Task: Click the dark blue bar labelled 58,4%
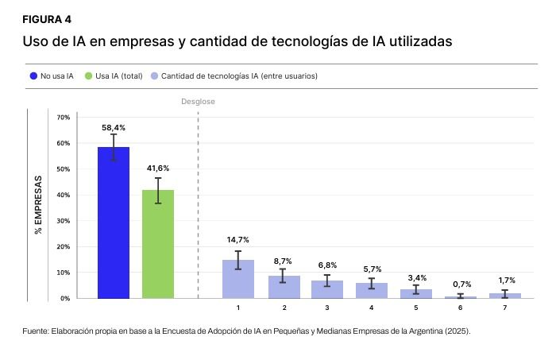tap(114, 223)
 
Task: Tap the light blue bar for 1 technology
tap(237, 279)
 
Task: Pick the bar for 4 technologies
tap(371, 290)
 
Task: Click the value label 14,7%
tap(237, 240)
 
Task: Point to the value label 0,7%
tap(460, 284)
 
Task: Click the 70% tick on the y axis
tap(64, 118)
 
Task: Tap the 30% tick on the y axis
tap(64, 221)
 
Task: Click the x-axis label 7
tap(504, 307)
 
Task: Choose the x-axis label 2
tap(282, 307)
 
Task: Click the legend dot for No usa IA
tap(33, 76)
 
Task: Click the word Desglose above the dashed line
tap(198, 102)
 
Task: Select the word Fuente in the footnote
tap(37, 331)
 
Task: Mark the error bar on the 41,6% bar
tap(158, 191)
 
